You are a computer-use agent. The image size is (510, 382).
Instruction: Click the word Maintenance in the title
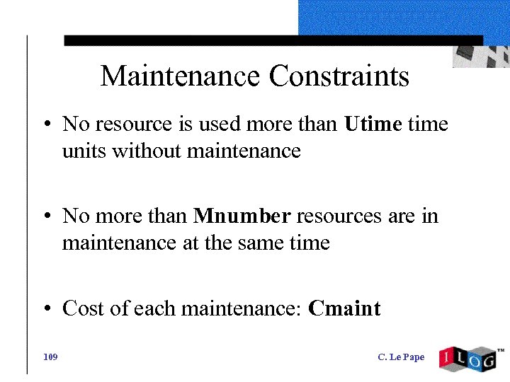181,76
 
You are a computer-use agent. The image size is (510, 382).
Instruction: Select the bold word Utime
373,125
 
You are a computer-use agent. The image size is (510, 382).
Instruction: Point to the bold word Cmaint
345,308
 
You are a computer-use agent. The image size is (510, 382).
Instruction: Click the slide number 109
50,357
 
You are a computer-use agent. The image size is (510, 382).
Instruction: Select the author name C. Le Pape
401,357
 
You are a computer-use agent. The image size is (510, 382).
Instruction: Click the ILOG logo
467,358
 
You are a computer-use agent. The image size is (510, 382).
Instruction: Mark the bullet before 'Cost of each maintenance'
45,310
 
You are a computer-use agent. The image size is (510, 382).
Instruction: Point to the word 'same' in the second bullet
259,243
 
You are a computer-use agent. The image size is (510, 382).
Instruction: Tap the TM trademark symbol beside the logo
500,350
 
